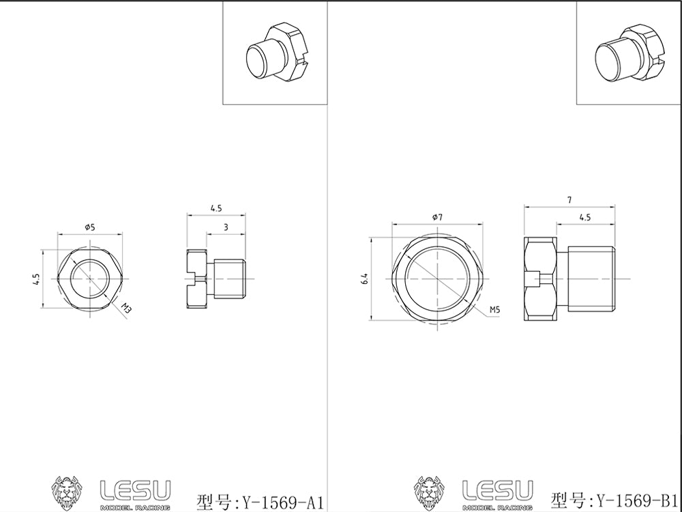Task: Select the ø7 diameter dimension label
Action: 437,216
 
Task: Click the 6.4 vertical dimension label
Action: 366,279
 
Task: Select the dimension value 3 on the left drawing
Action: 226,227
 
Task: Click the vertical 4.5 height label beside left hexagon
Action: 38,279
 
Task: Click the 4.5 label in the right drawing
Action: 584,217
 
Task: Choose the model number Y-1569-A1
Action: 259,502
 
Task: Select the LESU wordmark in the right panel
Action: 497,489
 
